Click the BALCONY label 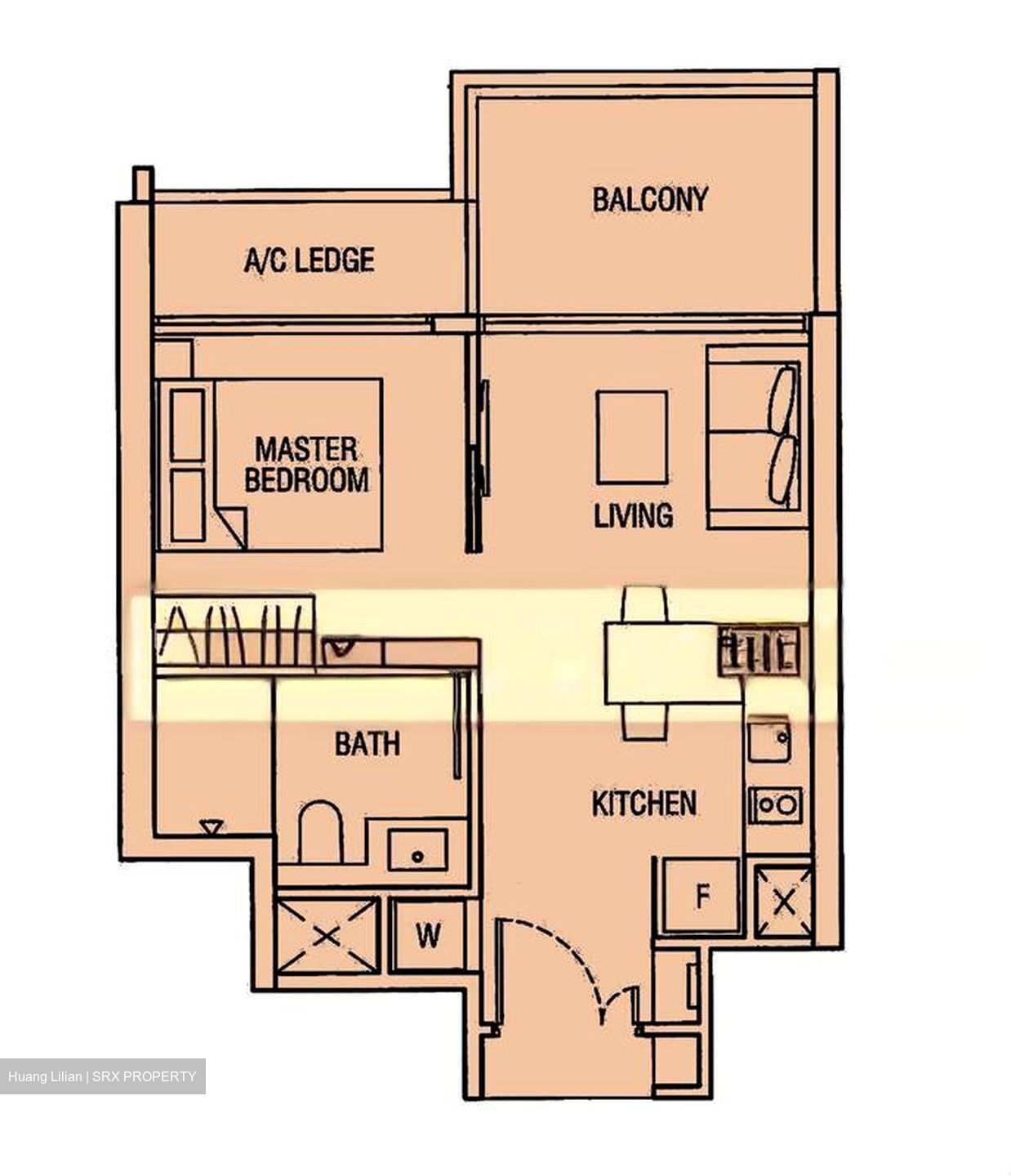coord(649,200)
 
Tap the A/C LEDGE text coord(309,261)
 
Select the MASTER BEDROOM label coord(306,465)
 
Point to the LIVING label coord(633,515)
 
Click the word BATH coord(367,744)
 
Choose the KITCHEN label coord(644,804)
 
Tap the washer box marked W coord(428,935)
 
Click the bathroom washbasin coord(417,851)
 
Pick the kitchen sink coord(768,739)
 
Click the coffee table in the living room coord(631,438)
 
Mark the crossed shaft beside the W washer coord(328,936)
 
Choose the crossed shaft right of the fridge coord(782,902)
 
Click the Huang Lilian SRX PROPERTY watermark coord(102,1076)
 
